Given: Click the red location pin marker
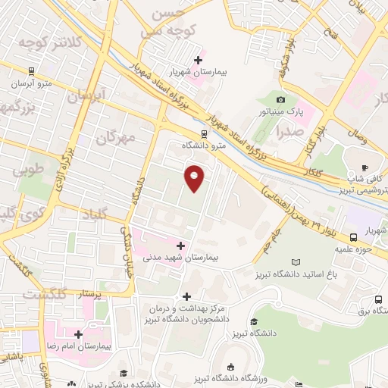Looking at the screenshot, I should [x=195, y=177].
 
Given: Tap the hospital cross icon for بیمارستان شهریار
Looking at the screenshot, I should [x=199, y=60].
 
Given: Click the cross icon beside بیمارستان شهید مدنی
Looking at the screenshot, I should [x=180, y=246].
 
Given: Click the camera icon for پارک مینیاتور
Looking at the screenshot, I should [x=281, y=100].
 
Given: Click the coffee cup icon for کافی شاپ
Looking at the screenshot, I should [x=365, y=168].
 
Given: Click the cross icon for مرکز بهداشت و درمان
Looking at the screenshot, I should [x=186, y=296].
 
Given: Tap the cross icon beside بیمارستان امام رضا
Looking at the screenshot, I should [x=78, y=333].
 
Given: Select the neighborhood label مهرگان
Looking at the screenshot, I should [x=116, y=136].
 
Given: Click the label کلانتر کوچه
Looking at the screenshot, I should [x=48, y=42].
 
